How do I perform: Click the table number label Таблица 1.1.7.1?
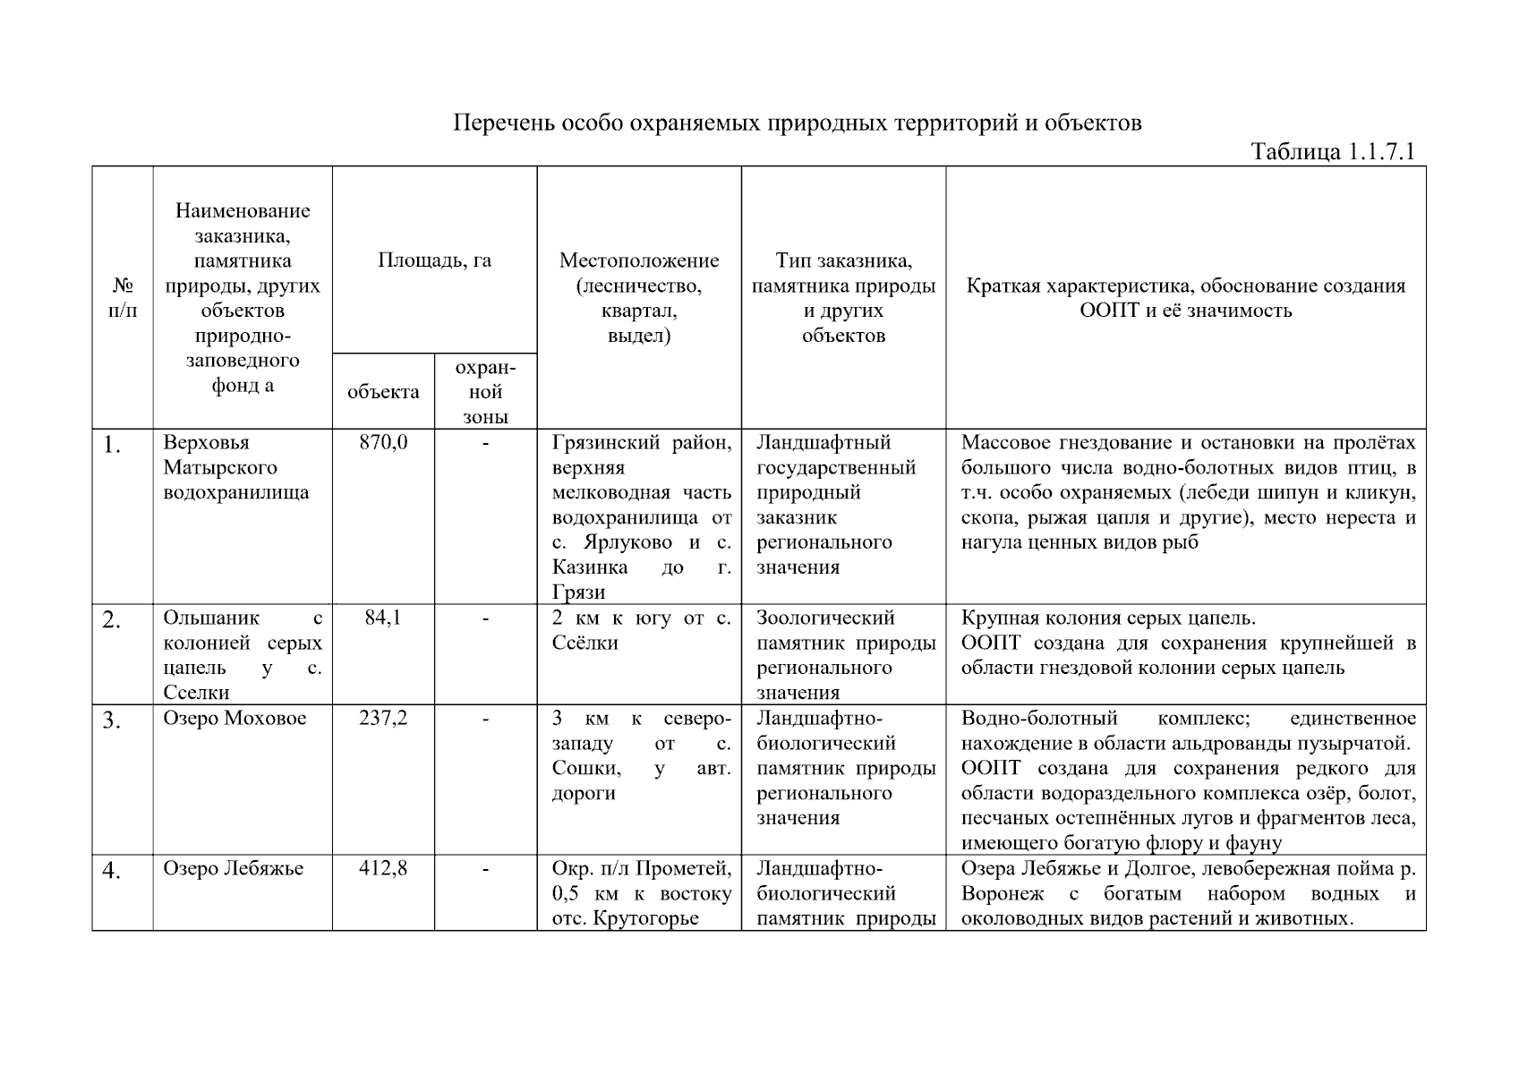click(x=1332, y=151)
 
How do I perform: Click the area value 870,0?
click(x=383, y=442)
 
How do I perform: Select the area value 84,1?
click(x=383, y=618)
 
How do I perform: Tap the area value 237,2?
click(x=383, y=718)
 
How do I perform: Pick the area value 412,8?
click(x=383, y=868)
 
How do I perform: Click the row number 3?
click(x=111, y=720)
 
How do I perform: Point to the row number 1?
click(x=111, y=445)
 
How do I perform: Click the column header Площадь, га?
click(x=434, y=260)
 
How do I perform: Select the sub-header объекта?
click(x=383, y=392)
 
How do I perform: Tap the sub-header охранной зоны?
click(x=485, y=392)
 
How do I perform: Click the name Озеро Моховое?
click(x=235, y=718)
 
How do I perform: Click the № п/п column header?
click(x=123, y=298)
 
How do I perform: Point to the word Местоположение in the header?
click(x=639, y=260)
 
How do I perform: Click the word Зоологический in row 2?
click(x=825, y=618)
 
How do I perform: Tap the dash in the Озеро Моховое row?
click(x=485, y=718)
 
